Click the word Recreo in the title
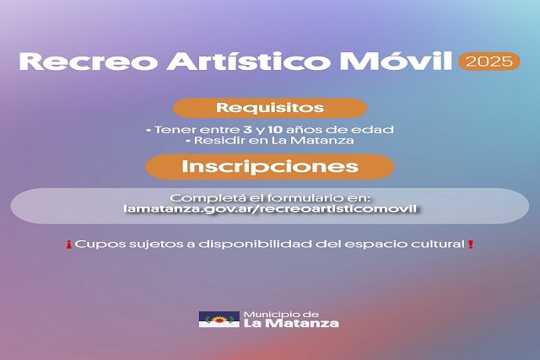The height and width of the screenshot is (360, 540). [x=89, y=62]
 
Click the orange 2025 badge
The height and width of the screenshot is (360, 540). [x=489, y=62]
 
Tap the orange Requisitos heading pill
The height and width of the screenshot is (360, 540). [x=270, y=108]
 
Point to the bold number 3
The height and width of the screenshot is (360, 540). [x=247, y=130]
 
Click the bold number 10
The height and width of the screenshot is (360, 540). [x=276, y=130]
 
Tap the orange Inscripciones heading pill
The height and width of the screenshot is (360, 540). [x=270, y=167]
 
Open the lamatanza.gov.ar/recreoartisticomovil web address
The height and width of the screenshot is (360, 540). [x=270, y=208]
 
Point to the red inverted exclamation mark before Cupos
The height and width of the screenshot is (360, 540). [x=69, y=245]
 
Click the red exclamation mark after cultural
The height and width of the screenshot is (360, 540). [x=471, y=244]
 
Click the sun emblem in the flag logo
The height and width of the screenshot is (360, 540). [x=219, y=320]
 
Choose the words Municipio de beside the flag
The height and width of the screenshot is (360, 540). [x=281, y=314]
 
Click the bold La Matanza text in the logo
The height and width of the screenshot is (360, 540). [x=291, y=324]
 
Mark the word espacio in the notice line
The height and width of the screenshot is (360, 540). [x=369, y=244]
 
